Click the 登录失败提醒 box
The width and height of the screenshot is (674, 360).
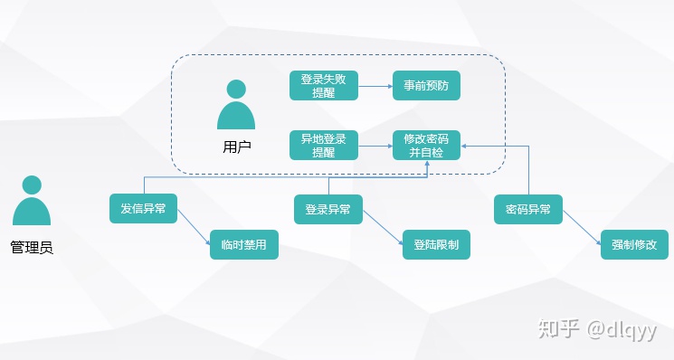[324, 86]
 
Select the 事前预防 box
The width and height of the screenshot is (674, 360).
[426, 86]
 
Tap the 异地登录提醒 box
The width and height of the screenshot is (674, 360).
[324, 146]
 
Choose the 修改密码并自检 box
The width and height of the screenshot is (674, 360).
[426, 146]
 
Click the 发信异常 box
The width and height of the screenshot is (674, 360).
[143, 208]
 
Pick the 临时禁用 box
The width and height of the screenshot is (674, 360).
[244, 244]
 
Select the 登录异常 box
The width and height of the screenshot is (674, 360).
[328, 209]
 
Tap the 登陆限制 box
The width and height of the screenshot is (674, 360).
[436, 244]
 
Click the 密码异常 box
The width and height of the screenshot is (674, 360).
[528, 209]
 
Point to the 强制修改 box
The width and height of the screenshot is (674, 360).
[634, 244]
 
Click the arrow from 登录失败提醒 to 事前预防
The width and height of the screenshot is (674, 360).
[375, 86]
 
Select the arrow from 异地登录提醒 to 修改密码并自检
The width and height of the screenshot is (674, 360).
[375, 146]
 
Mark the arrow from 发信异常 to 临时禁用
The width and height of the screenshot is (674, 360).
[194, 227]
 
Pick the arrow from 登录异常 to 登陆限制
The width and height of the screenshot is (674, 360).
[383, 228]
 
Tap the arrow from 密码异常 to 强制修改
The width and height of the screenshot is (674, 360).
[582, 228]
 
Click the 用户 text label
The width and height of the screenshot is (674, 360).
[237, 147]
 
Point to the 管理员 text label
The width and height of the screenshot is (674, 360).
[32, 248]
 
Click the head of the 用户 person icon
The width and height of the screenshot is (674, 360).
[236, 90]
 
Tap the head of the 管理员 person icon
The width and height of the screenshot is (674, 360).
[32, 185]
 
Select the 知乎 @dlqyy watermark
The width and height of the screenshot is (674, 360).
[597, 329]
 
